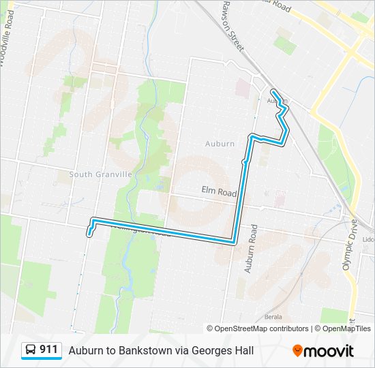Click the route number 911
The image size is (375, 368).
click(x=48, y=350)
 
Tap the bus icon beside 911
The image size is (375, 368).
click(x=31, y=350)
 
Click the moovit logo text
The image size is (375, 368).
click(x=329, y=351)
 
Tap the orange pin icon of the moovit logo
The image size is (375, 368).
click(x=297, y=351)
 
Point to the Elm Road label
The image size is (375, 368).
click(x=218, y=193)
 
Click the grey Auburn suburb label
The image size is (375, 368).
click(x=220, y=144)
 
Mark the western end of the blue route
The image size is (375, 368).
click(x=89, y=234)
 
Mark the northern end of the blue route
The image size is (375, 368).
click(x=273, y=91)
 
